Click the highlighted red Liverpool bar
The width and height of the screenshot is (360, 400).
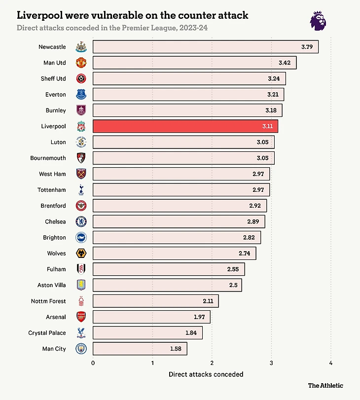coord(185,126)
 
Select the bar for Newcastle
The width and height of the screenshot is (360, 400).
coord(205,47)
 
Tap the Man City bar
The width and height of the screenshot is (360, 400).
coord(140,349)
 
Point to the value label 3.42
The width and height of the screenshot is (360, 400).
coord(285,63)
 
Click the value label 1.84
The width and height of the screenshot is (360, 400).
coord(191,333)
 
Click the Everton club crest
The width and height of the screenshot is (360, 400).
coord(81,95)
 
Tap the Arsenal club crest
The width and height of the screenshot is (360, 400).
coord(81,317)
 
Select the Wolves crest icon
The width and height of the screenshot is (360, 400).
coord(81,254)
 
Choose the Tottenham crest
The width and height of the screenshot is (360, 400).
coord(81,190)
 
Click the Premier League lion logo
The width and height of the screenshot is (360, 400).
coord(319,21)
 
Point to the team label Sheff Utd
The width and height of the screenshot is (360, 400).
coord(53,79)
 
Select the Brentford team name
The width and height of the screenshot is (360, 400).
coord(53,206)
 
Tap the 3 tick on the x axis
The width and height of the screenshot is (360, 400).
coord(271,364)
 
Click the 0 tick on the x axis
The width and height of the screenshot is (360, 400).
coord(93,364)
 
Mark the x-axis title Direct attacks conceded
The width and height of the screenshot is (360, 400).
coord(206,374)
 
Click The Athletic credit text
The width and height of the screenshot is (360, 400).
coord(325,386)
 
